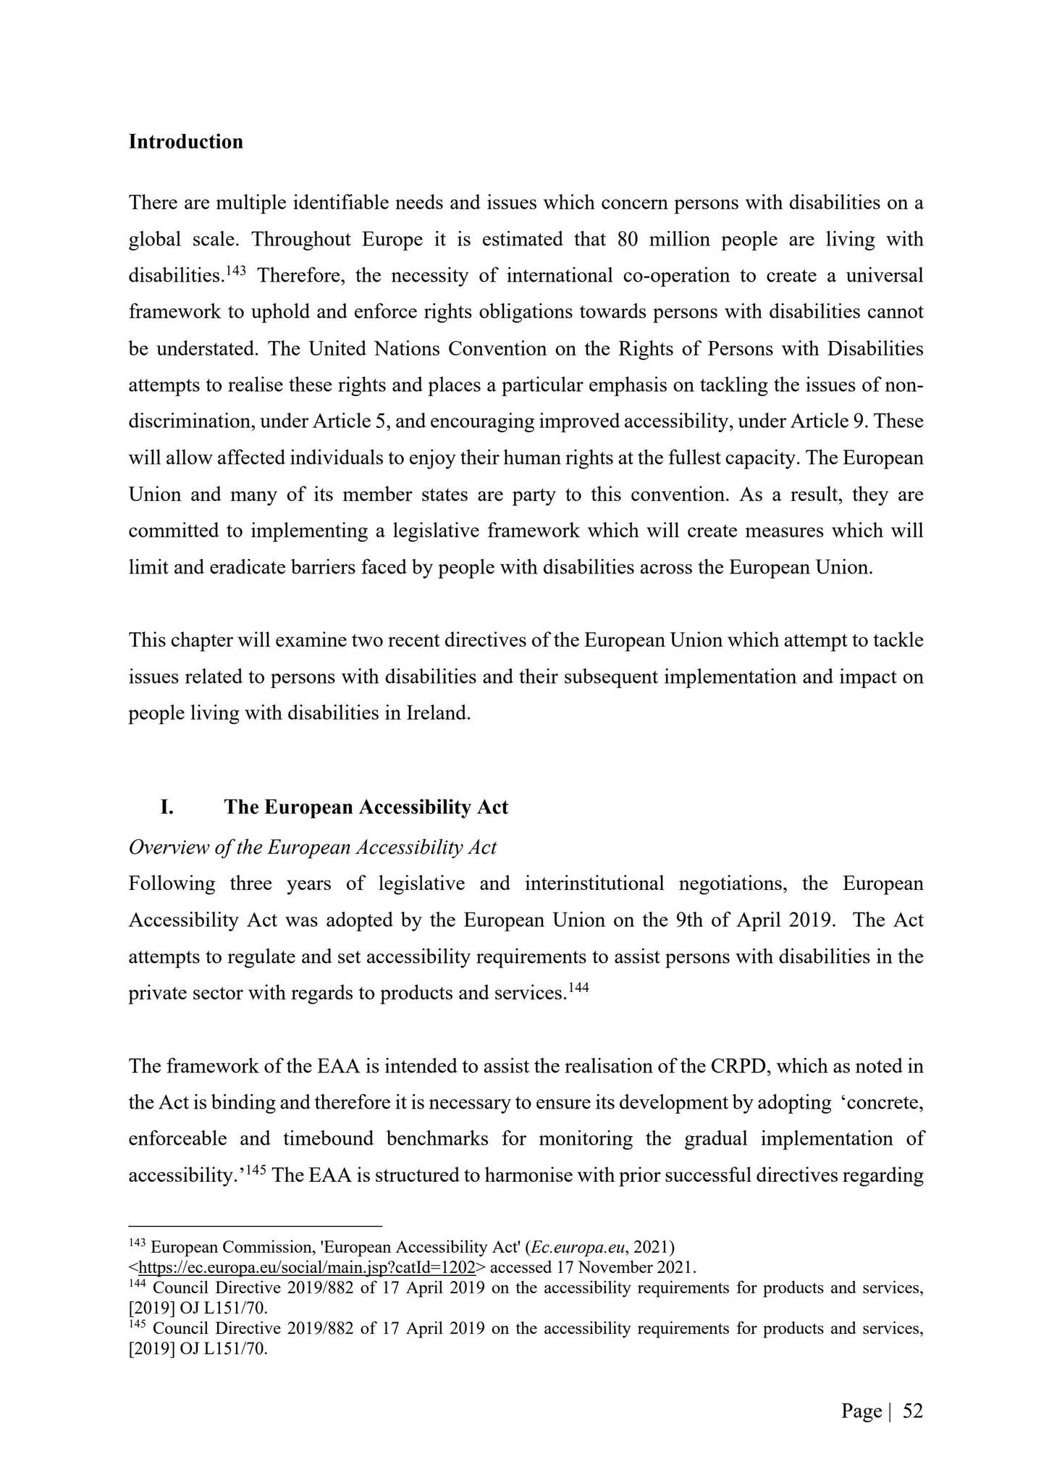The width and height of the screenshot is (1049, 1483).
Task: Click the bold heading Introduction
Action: pos(185,142)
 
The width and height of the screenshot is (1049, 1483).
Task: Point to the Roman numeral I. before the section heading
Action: pos(167,807)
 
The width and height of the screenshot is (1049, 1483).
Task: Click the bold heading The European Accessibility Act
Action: pos(366,807)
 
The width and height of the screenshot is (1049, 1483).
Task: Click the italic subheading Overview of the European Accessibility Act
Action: pos(312,847)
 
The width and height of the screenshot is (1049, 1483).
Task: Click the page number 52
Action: pos(913,1411)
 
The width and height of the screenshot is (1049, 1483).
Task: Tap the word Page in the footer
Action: pos(861,1411)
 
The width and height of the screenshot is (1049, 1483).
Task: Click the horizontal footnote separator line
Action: pos(255,1226)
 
